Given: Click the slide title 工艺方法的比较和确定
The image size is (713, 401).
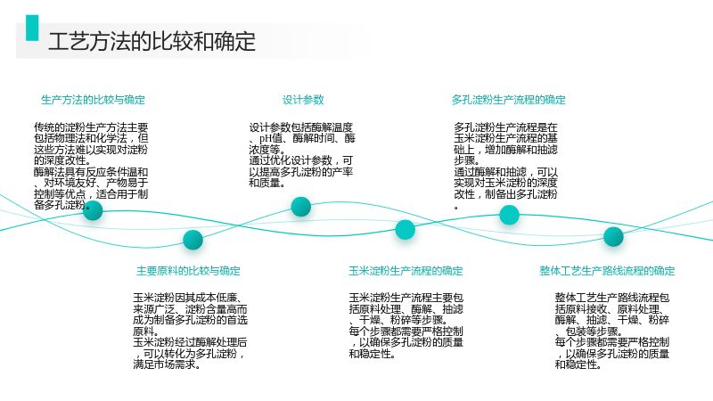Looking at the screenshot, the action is pos(152,41).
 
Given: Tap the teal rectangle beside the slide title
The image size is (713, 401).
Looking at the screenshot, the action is pos(32,28).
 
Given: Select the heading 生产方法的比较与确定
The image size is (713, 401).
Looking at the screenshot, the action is pos(94,100).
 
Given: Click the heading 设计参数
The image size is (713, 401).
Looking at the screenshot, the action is pos(303,100).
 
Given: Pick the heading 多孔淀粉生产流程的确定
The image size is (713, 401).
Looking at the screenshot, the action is pos(508,100).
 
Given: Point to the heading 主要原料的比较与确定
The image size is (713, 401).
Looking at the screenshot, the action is pos(188,271).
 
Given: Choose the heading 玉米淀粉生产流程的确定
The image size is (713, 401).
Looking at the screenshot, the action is pos(406,271).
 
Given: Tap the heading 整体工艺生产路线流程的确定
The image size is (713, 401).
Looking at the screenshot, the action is pos(607,271).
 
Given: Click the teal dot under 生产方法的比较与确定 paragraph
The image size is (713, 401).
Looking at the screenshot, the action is pos(93,210).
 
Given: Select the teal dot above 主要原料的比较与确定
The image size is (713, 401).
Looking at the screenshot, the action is pos(193,240).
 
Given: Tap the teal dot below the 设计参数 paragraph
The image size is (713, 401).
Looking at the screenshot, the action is pos(301,207).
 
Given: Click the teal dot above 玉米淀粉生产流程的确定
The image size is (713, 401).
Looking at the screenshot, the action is pos(406,230).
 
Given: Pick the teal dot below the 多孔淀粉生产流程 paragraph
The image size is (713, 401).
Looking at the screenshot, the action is pos(509,215).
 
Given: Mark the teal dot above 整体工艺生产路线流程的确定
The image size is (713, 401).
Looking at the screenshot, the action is pos(613,236).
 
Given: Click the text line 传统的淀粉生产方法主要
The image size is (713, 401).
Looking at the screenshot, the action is pos(91,127).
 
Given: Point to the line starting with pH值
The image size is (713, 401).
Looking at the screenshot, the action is pos(302,138).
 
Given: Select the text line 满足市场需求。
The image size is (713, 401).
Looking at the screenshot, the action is pos(167,364).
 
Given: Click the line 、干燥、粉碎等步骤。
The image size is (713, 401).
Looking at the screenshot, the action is pos(398,320).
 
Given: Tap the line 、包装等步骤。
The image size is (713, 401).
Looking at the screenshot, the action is pos(589,331).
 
